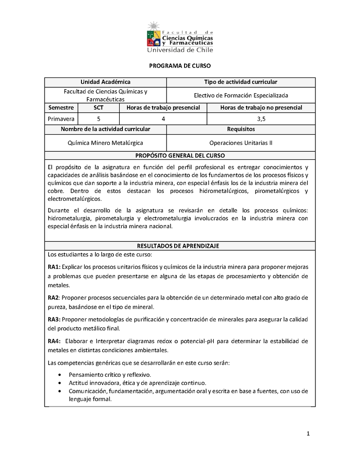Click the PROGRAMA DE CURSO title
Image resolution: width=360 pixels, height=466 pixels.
180,66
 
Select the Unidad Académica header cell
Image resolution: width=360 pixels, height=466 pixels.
105,82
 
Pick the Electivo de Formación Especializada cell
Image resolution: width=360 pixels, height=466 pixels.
241,95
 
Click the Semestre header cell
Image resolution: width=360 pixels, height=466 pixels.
61,108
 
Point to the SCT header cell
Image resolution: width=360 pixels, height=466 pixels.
99,108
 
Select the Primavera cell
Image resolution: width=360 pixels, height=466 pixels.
61,119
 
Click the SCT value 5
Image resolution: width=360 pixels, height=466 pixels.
99,119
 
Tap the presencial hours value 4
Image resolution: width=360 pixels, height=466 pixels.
163,119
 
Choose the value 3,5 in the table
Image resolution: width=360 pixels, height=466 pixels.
261,119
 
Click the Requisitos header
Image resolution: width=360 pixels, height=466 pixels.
241,129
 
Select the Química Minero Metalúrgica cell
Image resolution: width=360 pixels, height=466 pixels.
105,143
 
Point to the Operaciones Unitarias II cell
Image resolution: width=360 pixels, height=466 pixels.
241,143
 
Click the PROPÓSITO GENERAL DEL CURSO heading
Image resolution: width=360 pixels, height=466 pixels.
180,156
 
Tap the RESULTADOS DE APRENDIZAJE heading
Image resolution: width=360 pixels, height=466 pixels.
180,246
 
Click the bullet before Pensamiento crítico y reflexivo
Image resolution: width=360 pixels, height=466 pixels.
61,375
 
